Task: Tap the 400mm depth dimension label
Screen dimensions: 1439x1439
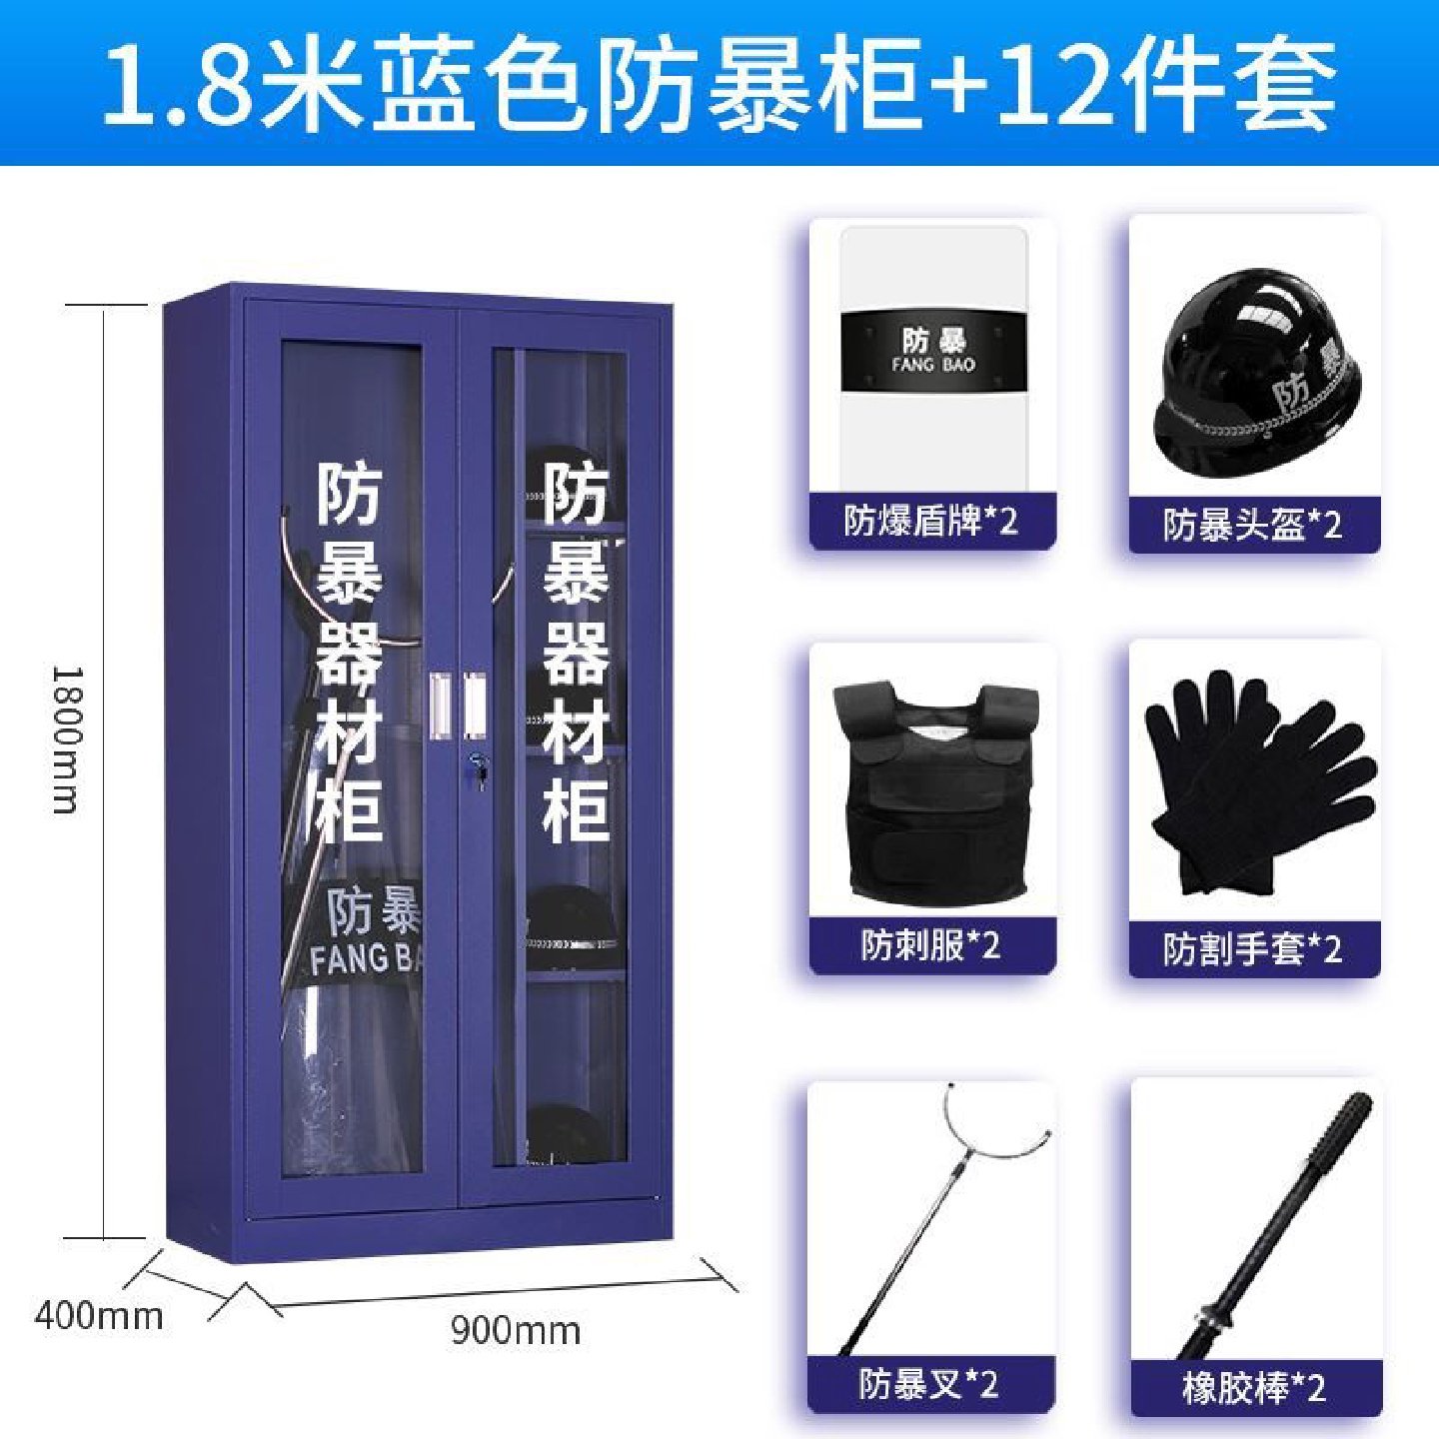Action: (x=98, y=1315)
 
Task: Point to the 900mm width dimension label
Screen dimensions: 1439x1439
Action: (x=515, y=1330)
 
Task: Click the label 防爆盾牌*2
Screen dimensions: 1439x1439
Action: (x=930, y=521)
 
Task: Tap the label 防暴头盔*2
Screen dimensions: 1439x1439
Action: (x=1252, y=524)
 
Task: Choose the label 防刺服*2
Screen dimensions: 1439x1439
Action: (x=930, y=945)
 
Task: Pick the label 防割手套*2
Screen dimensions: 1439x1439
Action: (x=1252, y=948)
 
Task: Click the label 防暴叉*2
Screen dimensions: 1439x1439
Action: (x=928, y=1384)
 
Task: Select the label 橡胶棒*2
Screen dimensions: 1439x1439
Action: (x=1254, y=1387)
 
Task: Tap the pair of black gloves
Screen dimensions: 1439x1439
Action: (x=1256, y=779)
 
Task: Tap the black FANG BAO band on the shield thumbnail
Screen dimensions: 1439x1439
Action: (x=933, y=351)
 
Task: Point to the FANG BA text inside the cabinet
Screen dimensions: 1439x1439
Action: (x=365, y=959)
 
